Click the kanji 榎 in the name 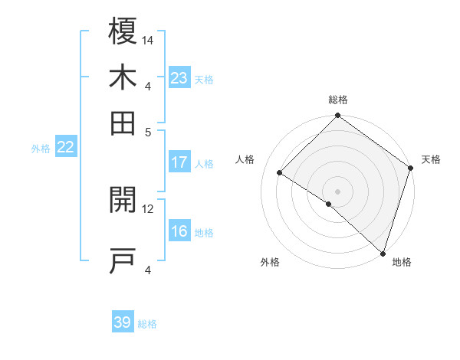coord(123,31)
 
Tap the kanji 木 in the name coord(123,78)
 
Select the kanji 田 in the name coord(123,123)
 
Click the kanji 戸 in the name coord(123,261)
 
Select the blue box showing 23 coord(179,78)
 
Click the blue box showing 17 coord(179,162)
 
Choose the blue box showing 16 coord(179,232)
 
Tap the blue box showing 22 coord(65,148)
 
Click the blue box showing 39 coord(122,322)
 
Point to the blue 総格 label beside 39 coord(147,324)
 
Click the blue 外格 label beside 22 coord(40,149)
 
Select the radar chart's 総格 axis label coord(337,100)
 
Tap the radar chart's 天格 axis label coord(431,159)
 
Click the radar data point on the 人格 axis coord(280,173)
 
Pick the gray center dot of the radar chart coord(337,191)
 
